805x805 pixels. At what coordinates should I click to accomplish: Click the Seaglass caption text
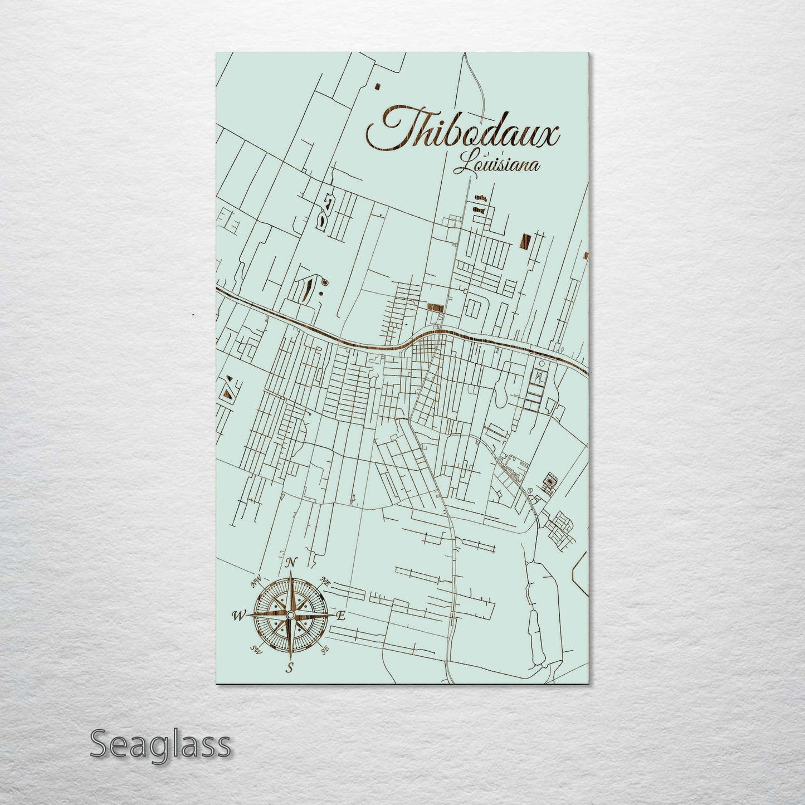pyautogui.click(x=160, y=744)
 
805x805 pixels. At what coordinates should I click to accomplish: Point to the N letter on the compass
pyautogui.click(x=291, y=563)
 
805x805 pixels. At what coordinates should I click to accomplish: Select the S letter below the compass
pyautogui.click(x=290, y=668)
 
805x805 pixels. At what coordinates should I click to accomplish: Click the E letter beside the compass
pyautogui.click(x=342, y=616)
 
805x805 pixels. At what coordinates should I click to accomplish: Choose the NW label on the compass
pyautogui.click(x=256, y=582)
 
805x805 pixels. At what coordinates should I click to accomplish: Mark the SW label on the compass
pyautogui.click(x=257, y=648)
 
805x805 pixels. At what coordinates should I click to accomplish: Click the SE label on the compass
pyautogui.click(x=324, y=648)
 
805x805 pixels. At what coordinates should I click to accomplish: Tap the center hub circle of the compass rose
pyautogui.click(x=290, y=614)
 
